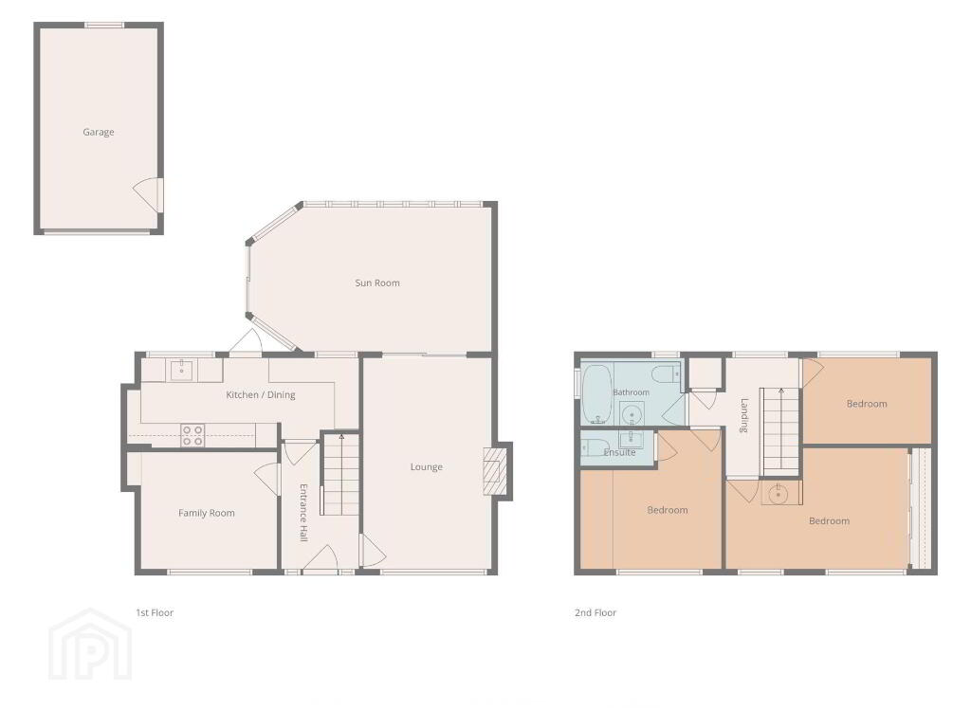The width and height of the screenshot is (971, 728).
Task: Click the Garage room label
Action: (99, 132)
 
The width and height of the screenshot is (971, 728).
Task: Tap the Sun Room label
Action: (377, 282)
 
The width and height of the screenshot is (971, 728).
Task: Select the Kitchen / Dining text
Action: (260, 395)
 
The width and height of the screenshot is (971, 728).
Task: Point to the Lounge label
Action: (426, 467)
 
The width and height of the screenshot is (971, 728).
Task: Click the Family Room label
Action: (206, 513)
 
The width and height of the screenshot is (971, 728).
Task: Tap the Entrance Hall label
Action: (303, 513)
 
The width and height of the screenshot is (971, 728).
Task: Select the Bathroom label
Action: (631, 392)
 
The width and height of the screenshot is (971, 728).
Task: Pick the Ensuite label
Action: (619, 452)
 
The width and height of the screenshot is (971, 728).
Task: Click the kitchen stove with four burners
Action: (193, 435)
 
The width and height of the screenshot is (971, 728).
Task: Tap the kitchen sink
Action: (181, 371)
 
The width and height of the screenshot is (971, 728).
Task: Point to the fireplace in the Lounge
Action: (494, 470)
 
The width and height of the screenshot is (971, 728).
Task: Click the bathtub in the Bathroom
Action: (597, 393)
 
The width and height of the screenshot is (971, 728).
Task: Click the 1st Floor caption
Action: (155, 613)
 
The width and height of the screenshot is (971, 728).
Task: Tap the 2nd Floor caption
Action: (595, 613)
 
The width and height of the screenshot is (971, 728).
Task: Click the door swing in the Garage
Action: (147, 194)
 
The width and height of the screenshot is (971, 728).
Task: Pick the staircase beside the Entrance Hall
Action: (340, 474)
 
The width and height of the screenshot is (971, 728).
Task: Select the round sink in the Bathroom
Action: (632, 414)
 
